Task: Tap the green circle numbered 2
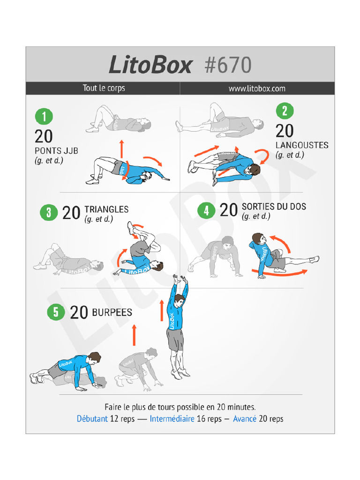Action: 285,111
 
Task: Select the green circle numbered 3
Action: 49,212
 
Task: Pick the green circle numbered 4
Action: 206,210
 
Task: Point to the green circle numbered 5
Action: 56,312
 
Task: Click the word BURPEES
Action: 112,312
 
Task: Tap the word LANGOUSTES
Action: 302,145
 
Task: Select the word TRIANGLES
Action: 106,210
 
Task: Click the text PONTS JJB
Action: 56,151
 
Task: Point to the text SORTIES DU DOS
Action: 274,207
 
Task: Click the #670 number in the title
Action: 228,66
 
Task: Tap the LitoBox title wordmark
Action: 150,66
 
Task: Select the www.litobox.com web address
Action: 257,88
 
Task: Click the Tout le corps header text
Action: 104,88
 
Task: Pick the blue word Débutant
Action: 92,419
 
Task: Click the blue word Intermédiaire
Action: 172,419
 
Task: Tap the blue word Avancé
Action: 245,419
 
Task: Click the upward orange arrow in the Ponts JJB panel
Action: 122,149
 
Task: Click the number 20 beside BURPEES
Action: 79,313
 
